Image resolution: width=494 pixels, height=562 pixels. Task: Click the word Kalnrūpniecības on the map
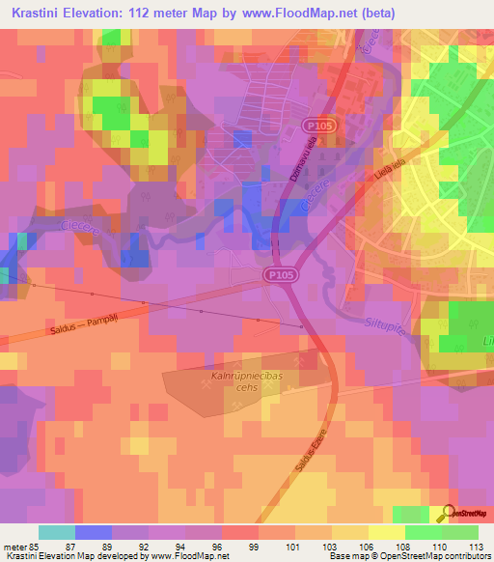[249, 370]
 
